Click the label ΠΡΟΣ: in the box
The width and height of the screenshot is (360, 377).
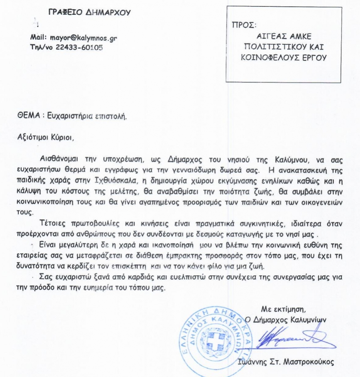(243, 26)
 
